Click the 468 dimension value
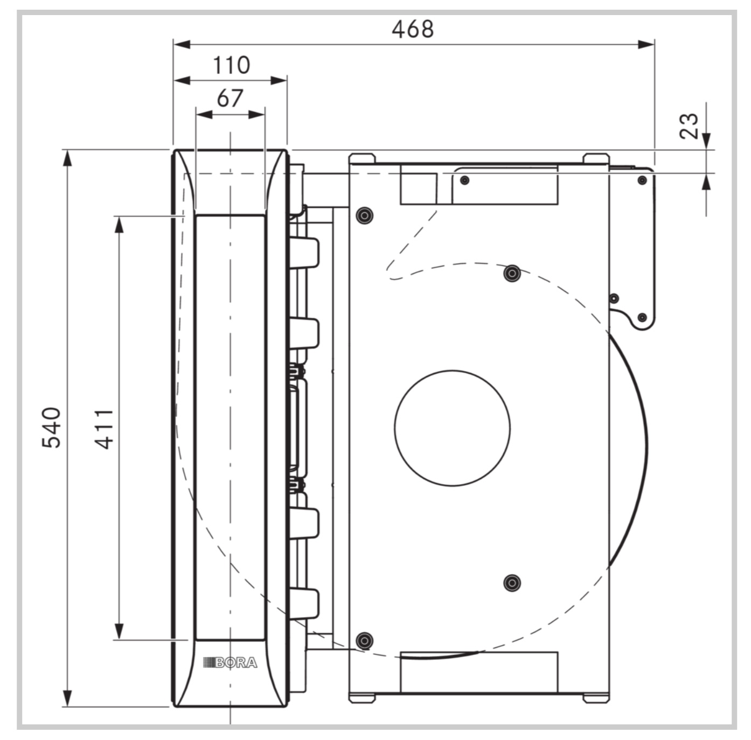(412, 29)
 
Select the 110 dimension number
(232, 65)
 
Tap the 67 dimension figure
(230, 98)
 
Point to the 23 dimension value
(689, 125)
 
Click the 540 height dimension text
(51, 428)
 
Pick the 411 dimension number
(104, 429)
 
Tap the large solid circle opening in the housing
(452, 428)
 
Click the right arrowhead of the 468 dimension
(646, 44)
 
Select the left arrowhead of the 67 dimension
(204, 115)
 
